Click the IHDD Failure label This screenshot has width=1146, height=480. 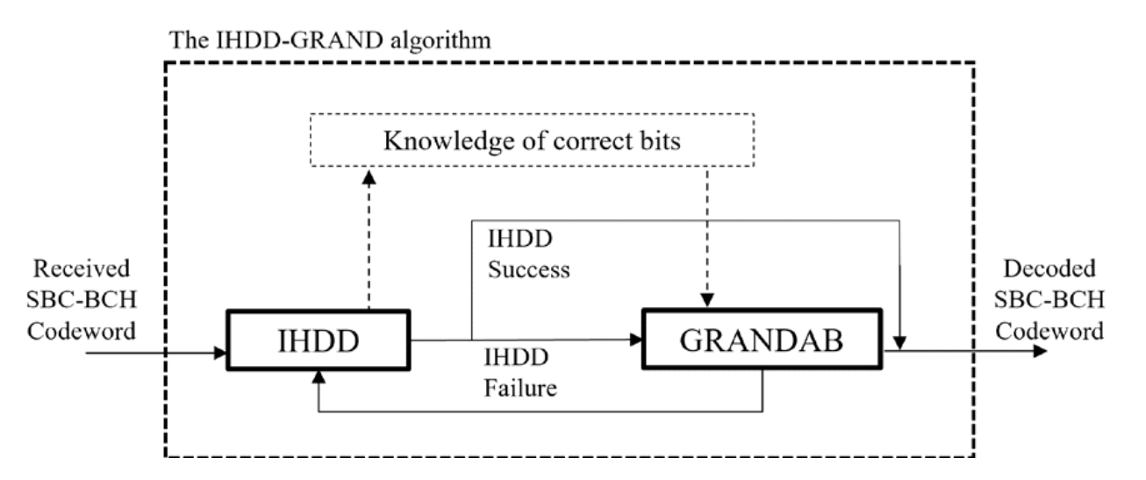click(x=519, y=374)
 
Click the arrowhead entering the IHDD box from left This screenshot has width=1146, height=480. click(x=221, y=353)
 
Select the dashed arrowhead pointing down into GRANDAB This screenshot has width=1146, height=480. click(x=706, y=301)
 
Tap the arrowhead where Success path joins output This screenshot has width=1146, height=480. click(x=902, y=343)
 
